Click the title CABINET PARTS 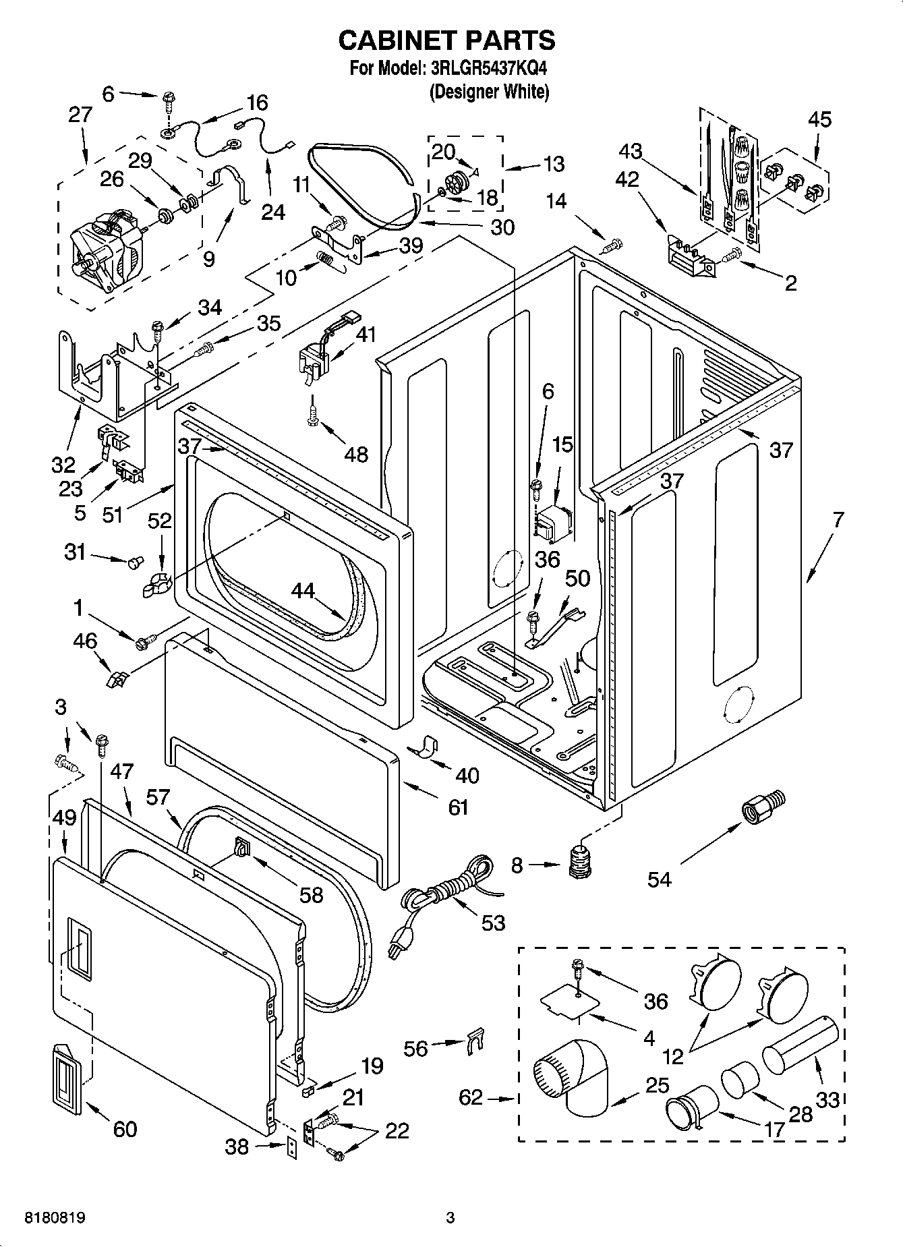446,40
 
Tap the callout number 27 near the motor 80,115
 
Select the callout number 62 471,1097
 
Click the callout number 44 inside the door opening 303,591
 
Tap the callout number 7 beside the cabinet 838,520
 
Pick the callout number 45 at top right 819,119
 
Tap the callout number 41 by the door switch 366,335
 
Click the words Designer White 490,92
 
